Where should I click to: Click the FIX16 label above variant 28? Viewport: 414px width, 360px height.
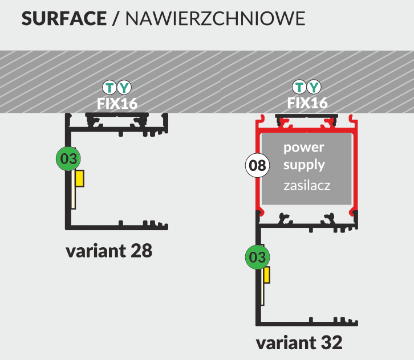(x=117, y=103)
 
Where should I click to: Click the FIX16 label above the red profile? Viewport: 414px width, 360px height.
(x=307, y=103)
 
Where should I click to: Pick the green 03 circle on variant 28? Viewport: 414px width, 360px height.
(x=68, y=159)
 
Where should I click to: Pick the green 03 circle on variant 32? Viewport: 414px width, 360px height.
(x=258, y=257)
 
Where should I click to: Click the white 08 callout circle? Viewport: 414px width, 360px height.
(x=257, y=166)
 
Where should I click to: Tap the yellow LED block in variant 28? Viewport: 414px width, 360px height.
(x=80, y=178)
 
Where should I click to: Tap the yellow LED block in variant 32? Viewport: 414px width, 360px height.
(x=266, y=275)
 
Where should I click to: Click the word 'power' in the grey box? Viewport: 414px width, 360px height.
(x=304, y=148)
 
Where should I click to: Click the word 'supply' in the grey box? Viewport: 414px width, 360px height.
(x=304, y=166)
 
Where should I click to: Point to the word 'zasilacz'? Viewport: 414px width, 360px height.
(x=307, y=186)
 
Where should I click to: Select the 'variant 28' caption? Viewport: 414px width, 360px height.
(x=109, y=251)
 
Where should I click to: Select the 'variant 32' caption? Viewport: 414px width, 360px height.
(x=299, y=343)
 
